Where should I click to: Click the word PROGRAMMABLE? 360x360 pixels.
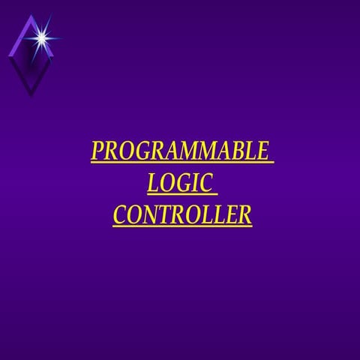tap(178, 151)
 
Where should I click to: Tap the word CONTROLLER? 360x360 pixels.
tap(182, 215)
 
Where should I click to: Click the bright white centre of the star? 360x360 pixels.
tap(42, 35)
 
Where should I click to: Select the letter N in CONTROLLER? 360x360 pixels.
tap(149, 215)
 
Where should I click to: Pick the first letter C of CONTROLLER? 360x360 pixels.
tap(119, 215)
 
